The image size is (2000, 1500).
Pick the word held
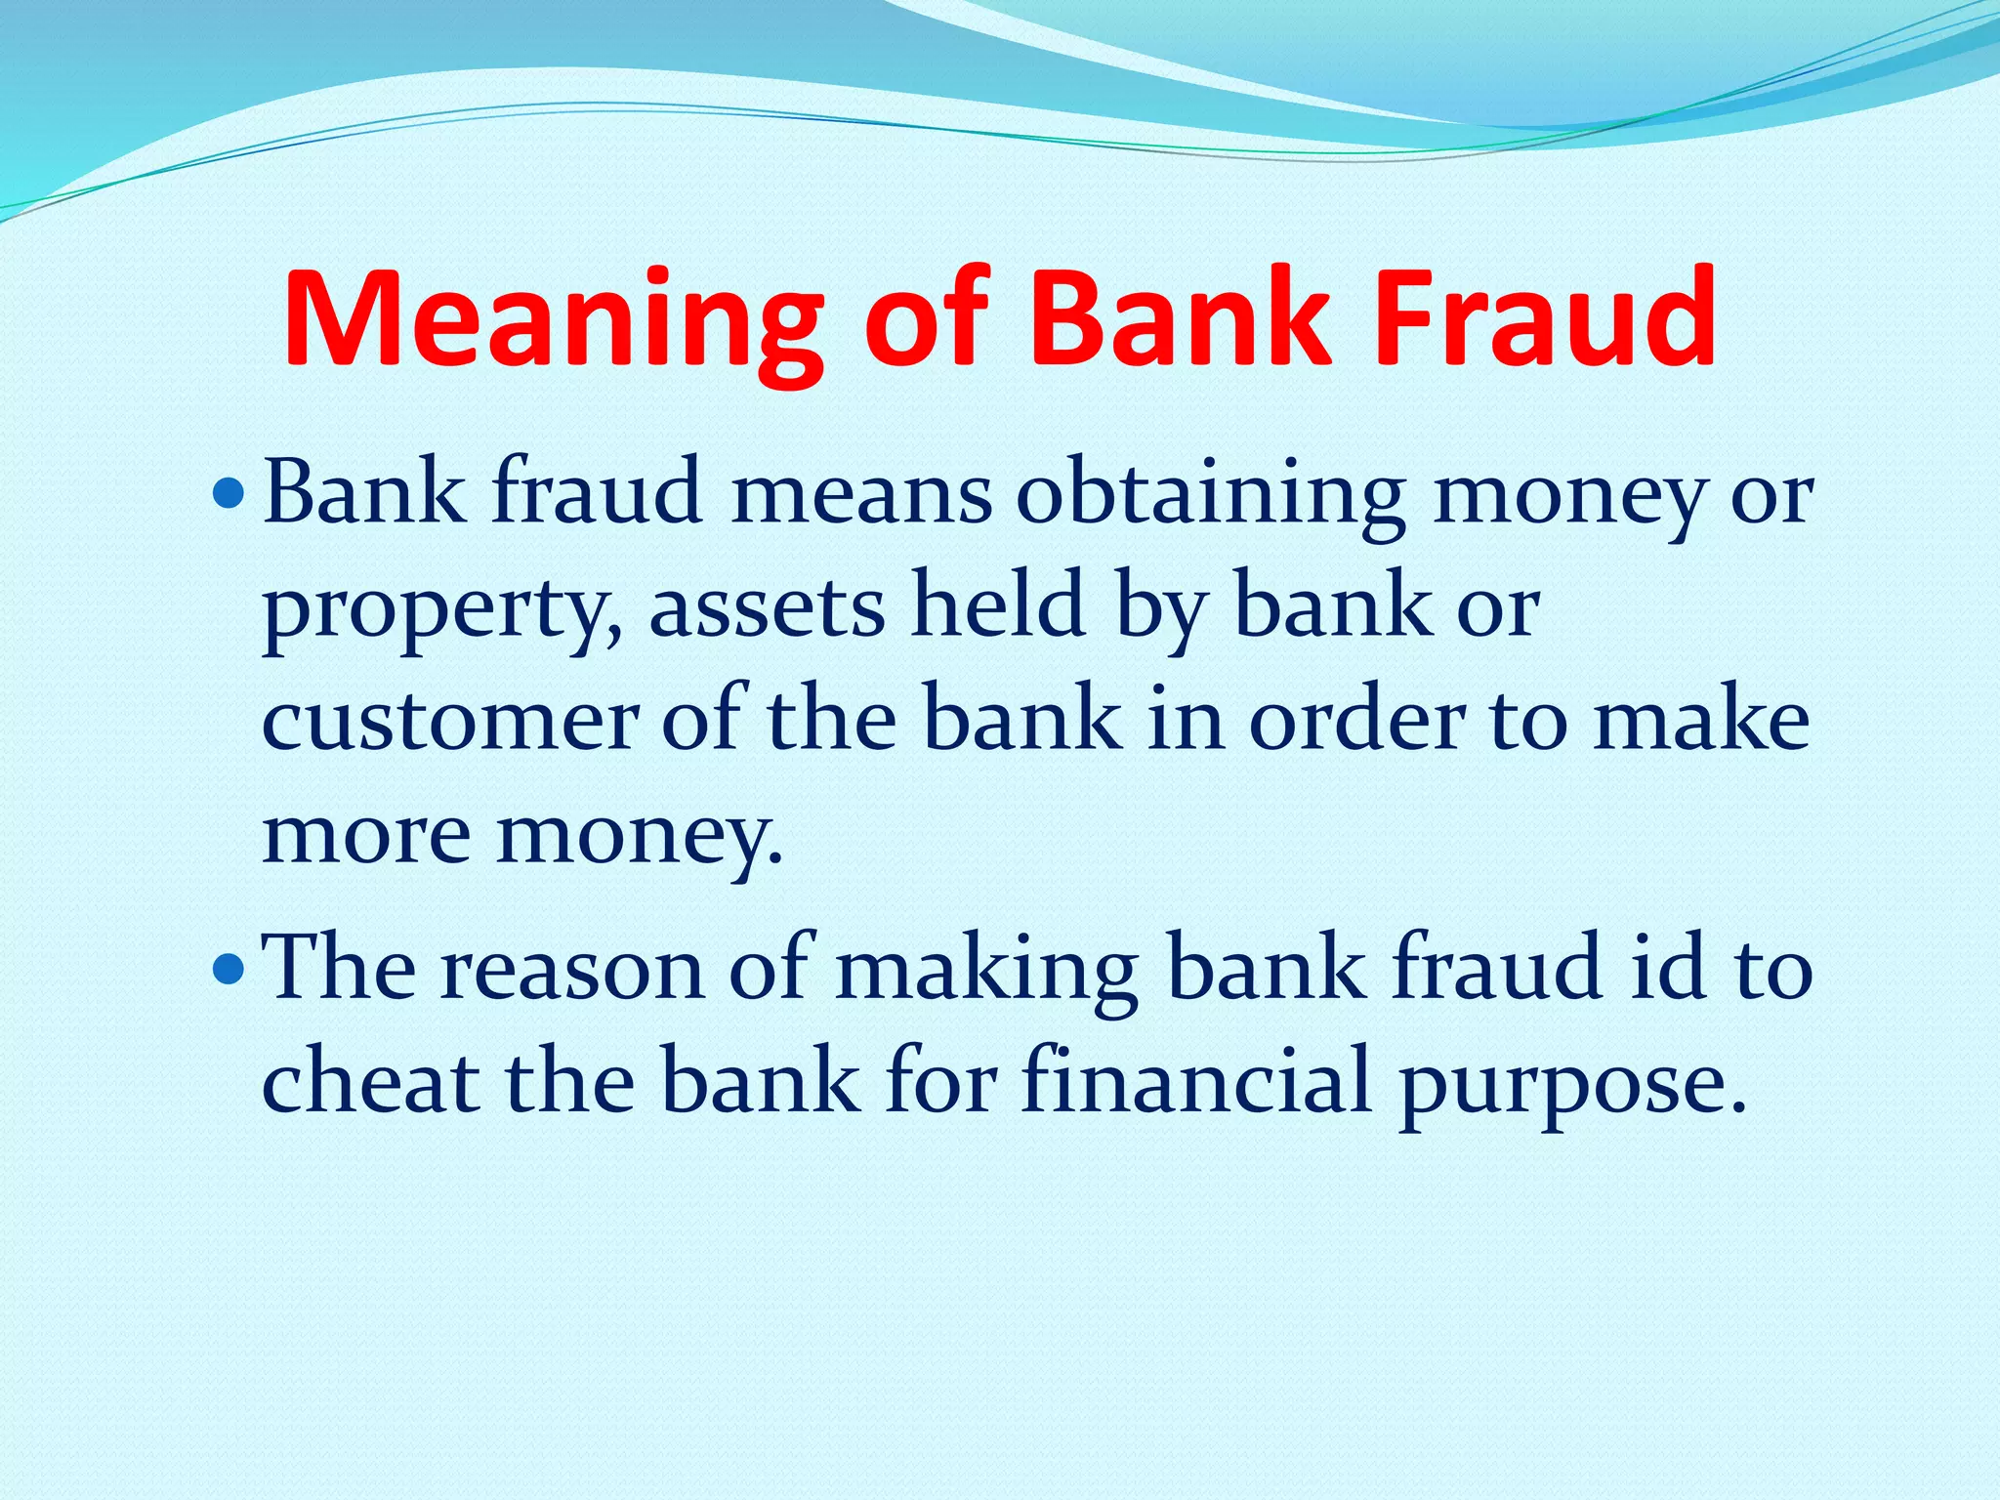coord(997,605)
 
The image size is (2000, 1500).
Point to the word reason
coord(571,971)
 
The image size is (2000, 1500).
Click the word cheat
coord(371,1082)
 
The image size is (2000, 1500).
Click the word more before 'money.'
coord(366,836)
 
